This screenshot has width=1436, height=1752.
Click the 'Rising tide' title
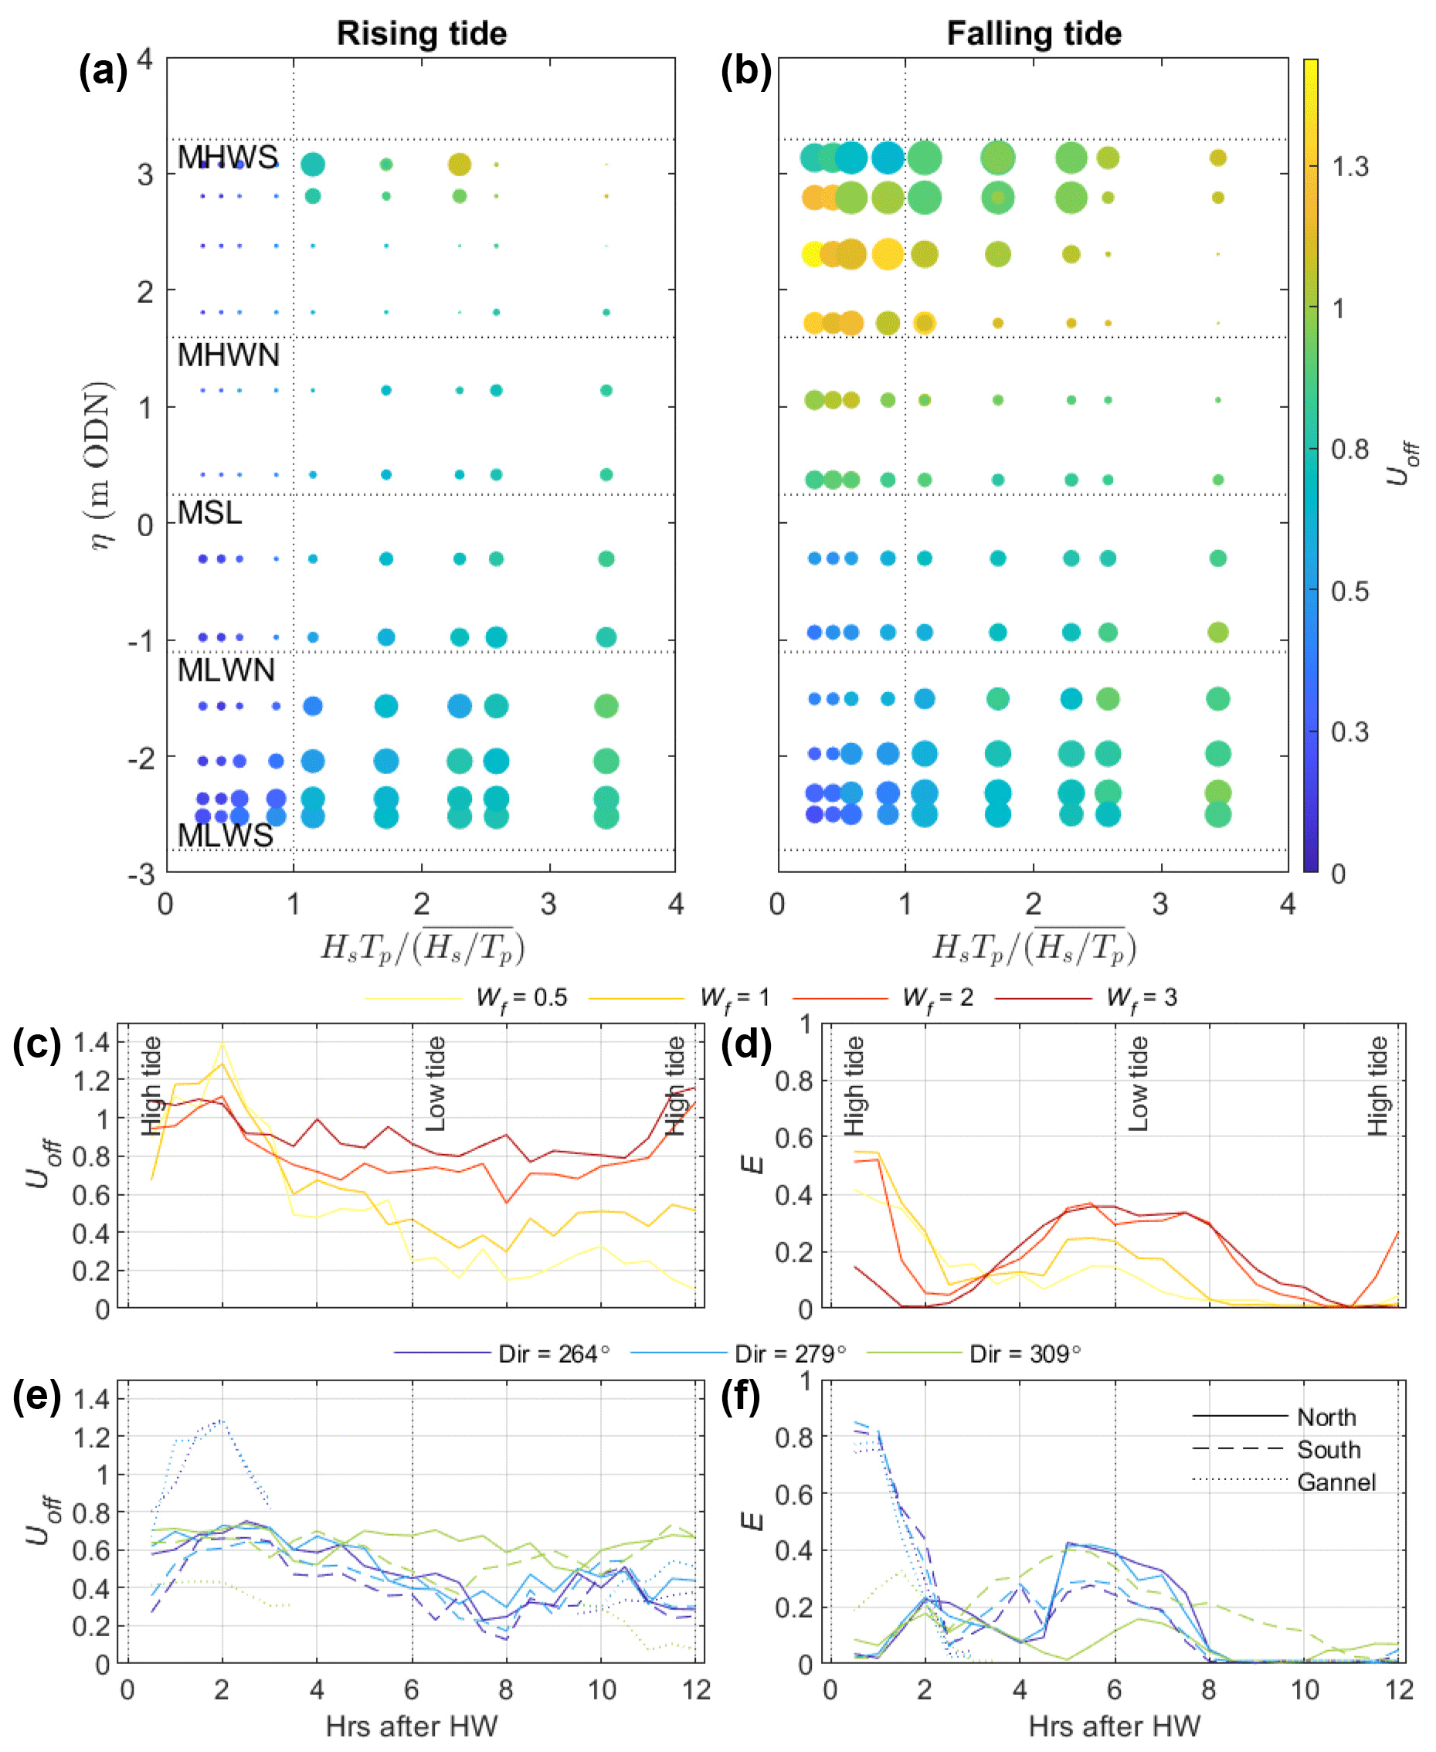point(421,34)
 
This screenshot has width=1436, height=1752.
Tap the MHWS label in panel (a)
point(227,157)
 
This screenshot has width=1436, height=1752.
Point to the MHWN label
point(229,355)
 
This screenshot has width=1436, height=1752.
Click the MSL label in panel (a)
point(209,513)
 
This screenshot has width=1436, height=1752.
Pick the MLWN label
point(226,670)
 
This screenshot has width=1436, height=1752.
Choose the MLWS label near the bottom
point(225,836)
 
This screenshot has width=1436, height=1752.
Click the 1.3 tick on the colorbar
point(1349,167)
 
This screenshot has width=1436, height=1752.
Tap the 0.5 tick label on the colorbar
point(1349,591)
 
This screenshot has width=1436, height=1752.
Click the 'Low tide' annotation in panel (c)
point(435,1084)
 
